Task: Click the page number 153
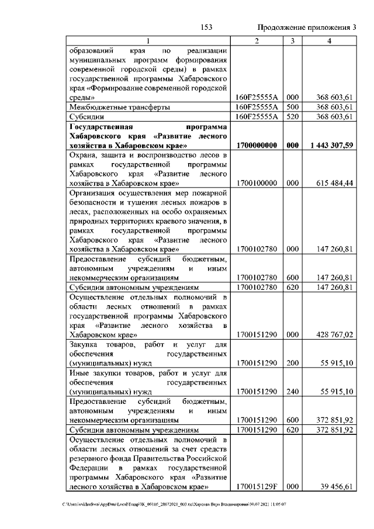(x=206, y=27)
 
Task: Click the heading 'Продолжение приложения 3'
(x=307, y=27)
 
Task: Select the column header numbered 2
(x=257, y=40)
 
